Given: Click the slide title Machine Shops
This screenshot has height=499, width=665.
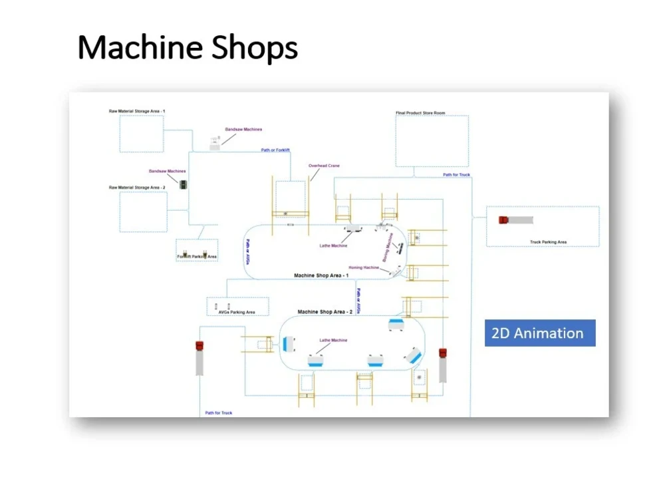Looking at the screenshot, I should point(188,48).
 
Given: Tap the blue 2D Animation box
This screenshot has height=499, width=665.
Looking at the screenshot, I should point(539,333).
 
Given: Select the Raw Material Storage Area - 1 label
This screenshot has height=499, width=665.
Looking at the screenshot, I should point(137,111).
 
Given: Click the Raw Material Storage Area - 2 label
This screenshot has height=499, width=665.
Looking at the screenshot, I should point(137,188).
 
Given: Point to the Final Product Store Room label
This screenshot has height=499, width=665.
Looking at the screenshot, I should point(420,113).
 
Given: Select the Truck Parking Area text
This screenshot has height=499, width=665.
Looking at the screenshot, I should point(548,242).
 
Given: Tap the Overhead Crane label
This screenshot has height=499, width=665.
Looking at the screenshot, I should point(324,166).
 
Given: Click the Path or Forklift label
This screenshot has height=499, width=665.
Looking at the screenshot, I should point(275,150).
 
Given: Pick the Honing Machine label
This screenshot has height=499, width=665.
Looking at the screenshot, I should point(364,267).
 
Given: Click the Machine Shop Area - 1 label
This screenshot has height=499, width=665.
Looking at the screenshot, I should point(322,275).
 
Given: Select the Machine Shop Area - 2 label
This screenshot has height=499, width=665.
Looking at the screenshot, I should point(325,312).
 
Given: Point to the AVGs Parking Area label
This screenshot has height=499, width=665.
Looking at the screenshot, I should point(237,312).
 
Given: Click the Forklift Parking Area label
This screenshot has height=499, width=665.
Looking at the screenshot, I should point(197,256).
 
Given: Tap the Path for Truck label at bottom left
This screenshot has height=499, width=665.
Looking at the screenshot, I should point(219,413).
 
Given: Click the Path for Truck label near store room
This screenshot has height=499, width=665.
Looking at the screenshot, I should point(457,175).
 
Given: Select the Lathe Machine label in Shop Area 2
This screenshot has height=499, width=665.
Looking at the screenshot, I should point(333,341).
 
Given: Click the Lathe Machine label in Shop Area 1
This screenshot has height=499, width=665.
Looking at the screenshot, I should point(333,246).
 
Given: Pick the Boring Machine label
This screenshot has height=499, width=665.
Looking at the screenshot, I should point(390,246).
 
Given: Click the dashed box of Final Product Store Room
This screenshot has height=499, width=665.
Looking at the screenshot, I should point(432,141).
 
